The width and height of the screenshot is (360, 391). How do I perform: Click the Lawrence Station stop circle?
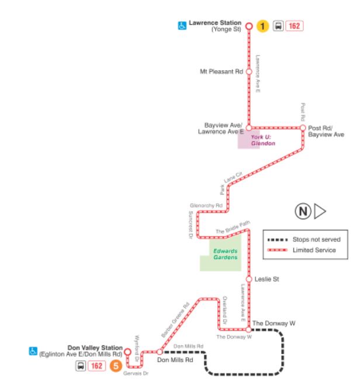248,26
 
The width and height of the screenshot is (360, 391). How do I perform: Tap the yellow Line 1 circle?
264,26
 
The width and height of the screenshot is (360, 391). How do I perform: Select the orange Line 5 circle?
116,366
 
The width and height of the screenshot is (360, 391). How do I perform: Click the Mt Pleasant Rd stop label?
221,72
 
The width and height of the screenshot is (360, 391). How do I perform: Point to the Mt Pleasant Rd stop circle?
248,72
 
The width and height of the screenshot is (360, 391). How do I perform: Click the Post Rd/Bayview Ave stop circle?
303,127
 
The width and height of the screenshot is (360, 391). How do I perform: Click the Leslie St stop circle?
248,279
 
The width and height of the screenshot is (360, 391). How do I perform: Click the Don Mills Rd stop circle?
158,352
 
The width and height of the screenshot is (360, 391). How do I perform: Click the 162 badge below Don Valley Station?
98,366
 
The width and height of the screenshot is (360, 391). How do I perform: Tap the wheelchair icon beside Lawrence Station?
181,26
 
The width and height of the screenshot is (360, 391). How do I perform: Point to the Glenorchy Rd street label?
207,206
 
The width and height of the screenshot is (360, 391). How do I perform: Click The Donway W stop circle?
248,330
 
